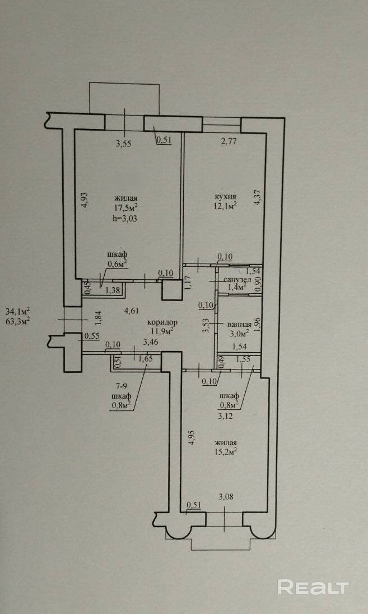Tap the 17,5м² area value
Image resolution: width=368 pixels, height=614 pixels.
click(126, 207)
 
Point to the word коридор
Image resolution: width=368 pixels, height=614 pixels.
click(162, 322)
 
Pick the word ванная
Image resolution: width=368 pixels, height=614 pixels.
click(239, 324)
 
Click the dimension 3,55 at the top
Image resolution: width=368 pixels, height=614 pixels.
click(124, 144)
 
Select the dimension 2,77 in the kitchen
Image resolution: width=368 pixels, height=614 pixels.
click(229, 141)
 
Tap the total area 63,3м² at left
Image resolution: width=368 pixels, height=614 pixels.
click(17, 321)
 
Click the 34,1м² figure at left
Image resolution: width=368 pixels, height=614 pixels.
click(17, 311)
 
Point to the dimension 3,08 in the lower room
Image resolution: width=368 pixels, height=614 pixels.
click(225, 496)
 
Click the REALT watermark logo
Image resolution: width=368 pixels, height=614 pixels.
click(313, 587)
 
